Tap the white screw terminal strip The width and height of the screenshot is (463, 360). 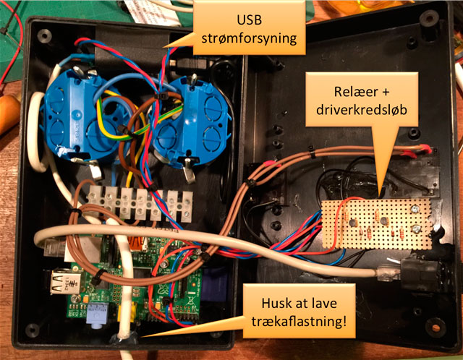pos(137,203)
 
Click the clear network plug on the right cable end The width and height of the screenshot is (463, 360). pos(385,273)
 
